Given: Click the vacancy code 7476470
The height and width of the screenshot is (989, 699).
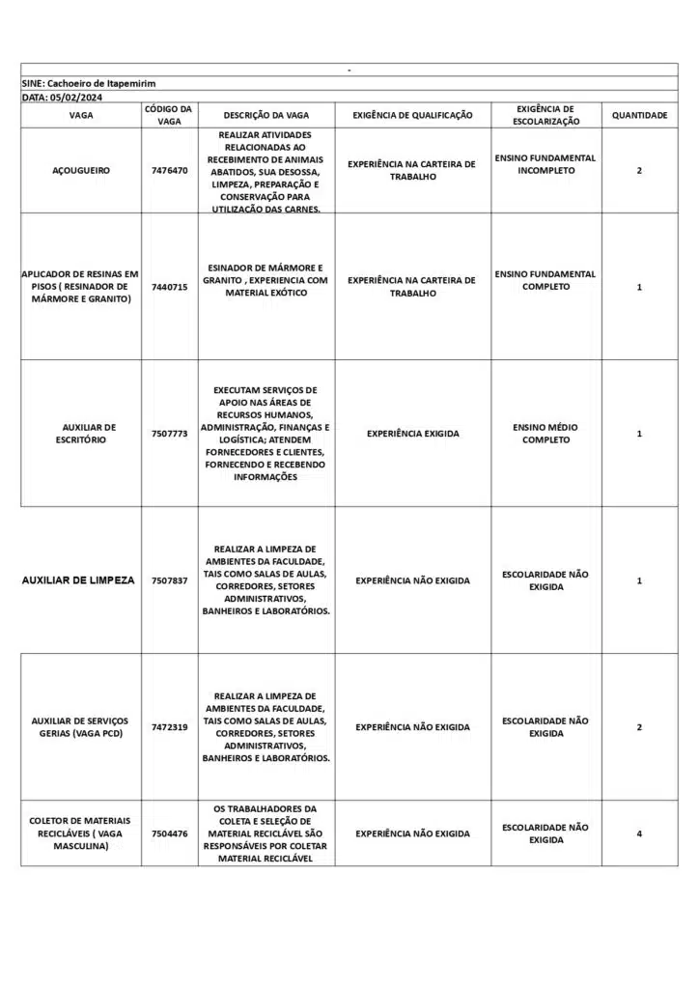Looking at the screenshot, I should pyautogui.click(x=169, y=171).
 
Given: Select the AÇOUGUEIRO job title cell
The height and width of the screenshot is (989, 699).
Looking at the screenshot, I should pyautogui.click(x=81, y=171).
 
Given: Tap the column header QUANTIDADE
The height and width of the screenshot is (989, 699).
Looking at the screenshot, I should pyautogui.click(x=639, y=116).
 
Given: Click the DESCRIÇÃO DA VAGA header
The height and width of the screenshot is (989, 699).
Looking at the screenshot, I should pyautogui.click(x=266, y=116).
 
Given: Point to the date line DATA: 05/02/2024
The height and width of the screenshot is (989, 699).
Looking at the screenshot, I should pyautogui.click(x=62, y=98).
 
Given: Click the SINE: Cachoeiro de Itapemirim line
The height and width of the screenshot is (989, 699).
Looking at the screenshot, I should pyautogui.click(x=89, y=84).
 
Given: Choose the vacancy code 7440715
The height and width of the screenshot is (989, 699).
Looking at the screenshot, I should pyautogui.click(x=169, y=287).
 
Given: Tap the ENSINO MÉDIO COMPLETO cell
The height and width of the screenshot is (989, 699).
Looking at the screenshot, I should pyautogui.click(x=545, y=434).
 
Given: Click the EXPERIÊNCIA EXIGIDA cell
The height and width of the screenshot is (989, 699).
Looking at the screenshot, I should pyautogui.click(x=412, y=434).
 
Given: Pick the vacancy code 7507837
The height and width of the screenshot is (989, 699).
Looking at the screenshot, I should pyautogui.click(x=169, y=580).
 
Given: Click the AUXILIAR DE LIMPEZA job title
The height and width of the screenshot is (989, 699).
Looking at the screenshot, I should pyautogui.click(x=78, y=580).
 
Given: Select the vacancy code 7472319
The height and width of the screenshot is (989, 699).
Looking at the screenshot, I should pyautogui.click(x=169, y=727).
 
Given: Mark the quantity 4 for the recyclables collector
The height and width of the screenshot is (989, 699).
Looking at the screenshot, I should pyautogui.click(x=639, y=834).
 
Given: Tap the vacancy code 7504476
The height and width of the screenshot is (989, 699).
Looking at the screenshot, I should pyautogui.click(x=169, y=834).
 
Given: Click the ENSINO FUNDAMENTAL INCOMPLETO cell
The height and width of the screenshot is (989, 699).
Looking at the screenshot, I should pyautogui.click(x=545, y=164).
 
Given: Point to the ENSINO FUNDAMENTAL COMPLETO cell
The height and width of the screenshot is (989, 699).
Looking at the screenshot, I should pyautogui.click(x=545, y=280).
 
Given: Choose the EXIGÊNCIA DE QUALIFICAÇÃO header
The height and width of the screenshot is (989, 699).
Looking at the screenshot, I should pyautogui.click(x=412, y=116).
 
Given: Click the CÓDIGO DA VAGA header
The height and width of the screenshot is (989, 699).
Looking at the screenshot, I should pyautogui.click(x=169, y=116).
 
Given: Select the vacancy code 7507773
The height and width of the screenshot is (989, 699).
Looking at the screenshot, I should pyautogui.click(x=169, y=434).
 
